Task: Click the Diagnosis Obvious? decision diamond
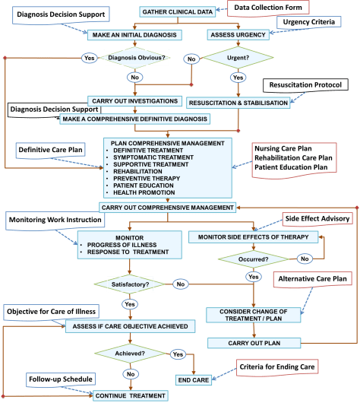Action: (x=136, y=58)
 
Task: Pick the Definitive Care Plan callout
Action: (x=51, y=151)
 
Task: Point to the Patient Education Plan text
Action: (x=291, y=167)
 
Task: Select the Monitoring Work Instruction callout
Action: (x=55, y=220)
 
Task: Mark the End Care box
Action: (x=193, y=379)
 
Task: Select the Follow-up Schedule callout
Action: (x=50, y=378)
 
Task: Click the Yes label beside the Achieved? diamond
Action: (x=178, y=354)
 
